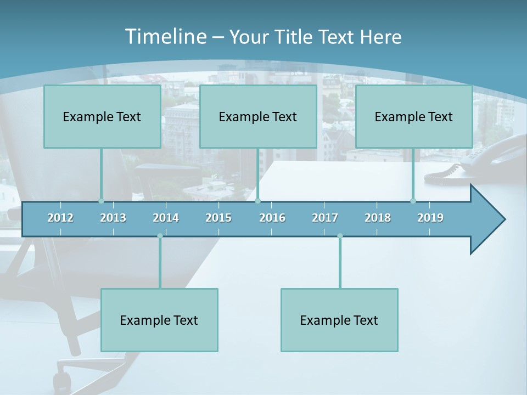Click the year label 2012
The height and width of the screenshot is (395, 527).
pos(60,218)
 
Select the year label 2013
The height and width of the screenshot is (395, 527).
pos(113,218)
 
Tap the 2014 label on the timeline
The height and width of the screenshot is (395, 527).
pos(166,218)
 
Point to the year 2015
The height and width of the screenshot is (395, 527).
pos(218,218)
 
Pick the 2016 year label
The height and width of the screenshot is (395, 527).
pos(272,218)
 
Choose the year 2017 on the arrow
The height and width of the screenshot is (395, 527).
pos(325,218)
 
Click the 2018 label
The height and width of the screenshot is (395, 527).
pos(378,218)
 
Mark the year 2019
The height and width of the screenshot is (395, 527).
pos(430,218)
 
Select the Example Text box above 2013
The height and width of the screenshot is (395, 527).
pos(102,117)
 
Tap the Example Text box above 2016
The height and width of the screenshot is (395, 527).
pos(258,117)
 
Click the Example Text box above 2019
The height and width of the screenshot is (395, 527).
pos(414,117)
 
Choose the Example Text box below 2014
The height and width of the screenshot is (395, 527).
pos(159,320)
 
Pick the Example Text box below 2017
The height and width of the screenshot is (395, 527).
pos(339,320)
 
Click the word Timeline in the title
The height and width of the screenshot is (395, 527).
pos(165,37)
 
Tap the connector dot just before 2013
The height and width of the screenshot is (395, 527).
pos(101,201)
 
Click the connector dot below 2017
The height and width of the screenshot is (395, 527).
pos(340,236)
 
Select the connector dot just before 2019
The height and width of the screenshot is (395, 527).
pos(413,201)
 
